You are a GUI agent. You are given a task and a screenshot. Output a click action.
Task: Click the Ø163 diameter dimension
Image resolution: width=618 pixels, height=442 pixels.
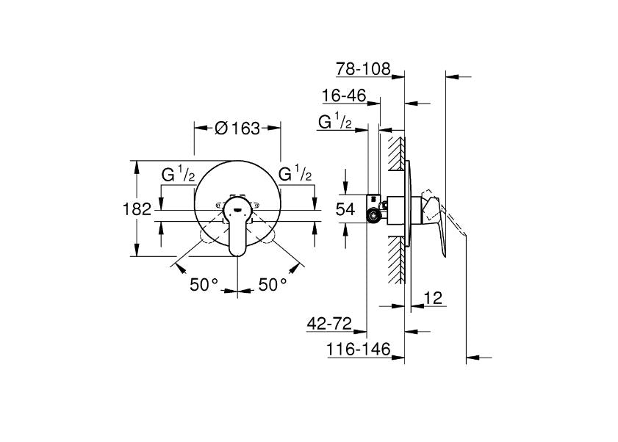click(x=237, y=128)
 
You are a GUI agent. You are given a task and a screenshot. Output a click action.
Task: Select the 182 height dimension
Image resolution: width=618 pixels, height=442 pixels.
click(x=137, y=209)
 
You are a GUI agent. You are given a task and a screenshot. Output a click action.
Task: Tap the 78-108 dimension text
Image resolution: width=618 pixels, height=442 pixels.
click(x=363, y=69)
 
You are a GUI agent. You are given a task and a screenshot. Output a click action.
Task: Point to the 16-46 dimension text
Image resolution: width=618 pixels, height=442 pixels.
click(x=344, y=95)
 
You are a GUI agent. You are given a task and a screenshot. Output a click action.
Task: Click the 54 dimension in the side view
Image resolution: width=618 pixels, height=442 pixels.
click(x=345, y=209)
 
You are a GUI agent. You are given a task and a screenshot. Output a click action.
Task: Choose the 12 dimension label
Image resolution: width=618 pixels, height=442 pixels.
click(x=433, y=298)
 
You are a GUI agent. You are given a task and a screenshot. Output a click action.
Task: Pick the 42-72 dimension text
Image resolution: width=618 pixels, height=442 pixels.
click(x=329, y=324)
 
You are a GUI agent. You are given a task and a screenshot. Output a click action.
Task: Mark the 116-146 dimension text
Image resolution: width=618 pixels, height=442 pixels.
click(x=359, y=349)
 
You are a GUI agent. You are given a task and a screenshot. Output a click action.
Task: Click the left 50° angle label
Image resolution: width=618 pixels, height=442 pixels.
click(x=204, y=284)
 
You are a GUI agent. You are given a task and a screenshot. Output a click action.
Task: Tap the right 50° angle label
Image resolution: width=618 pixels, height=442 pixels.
click(x=273, y=284)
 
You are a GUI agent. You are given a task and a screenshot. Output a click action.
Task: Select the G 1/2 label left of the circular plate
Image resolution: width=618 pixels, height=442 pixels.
click(x=178, y=174)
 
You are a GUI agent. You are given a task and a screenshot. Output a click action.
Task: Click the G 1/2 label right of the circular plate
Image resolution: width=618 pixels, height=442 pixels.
click(x=295, y=174)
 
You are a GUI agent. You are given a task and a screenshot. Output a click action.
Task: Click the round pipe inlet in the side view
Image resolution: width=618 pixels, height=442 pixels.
click(x=372, y=215)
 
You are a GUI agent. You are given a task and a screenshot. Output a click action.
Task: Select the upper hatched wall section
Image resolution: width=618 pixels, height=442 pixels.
click(x=397, y=154)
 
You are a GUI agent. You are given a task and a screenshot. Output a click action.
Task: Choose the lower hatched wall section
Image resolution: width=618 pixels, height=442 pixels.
click(x=397, y=261)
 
